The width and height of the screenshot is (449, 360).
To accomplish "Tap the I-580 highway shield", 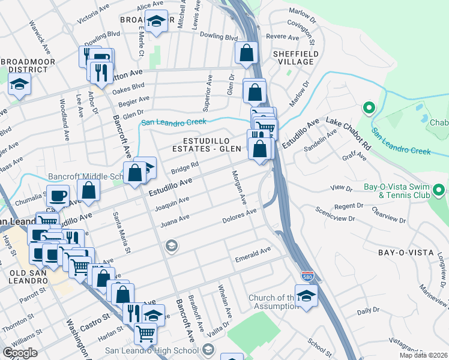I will (x=305, y=275).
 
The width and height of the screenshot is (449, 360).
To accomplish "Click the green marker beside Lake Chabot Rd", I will (x=369, y=109).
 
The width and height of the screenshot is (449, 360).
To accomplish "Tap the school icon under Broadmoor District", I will (x=19, y=85).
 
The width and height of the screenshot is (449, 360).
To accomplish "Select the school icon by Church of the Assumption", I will (x=306, y=296).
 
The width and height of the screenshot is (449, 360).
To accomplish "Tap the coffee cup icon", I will (x=58, y=195).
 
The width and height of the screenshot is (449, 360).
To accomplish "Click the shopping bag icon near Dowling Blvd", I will (x=246, y=53).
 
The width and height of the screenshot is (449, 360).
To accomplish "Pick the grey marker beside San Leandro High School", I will (x=208, y=350).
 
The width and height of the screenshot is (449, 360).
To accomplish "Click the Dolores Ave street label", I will (x=240, y=215).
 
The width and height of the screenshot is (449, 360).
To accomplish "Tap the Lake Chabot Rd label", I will (x=349, y=133).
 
